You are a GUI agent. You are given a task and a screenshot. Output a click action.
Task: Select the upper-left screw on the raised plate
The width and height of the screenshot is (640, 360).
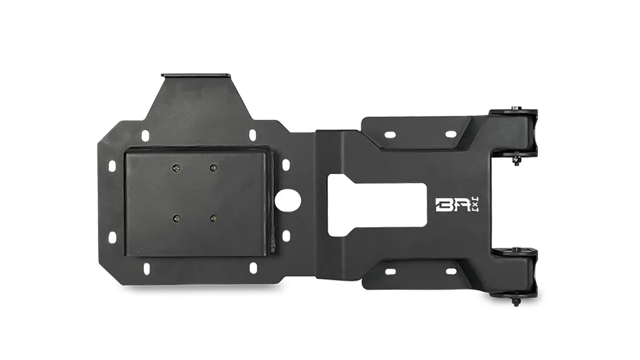click(x=175, y=169)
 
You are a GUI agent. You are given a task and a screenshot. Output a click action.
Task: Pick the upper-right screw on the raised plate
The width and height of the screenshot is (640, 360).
click(x=213, y=169)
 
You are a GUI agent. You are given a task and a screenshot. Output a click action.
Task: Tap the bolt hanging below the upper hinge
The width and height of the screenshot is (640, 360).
click(x=516, y=160)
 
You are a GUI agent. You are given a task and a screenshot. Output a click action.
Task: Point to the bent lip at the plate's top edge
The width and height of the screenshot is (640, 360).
click(x=197, y=76)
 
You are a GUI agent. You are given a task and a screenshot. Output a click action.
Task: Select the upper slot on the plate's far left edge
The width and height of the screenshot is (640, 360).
click(x=112, y=166)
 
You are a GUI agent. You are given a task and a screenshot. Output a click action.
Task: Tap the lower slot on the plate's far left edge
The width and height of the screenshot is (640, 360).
click(x=112, y=235)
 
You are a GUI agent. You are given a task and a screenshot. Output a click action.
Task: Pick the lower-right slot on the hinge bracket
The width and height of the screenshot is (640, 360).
click(x=451, y=271)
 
